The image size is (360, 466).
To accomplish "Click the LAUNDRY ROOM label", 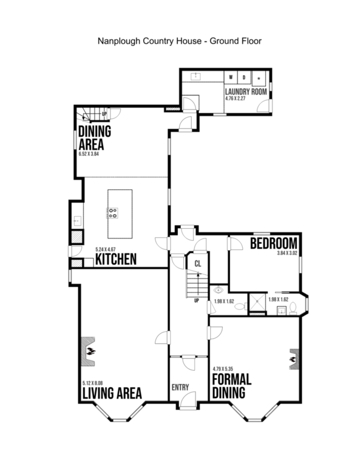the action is (x=245, y=92).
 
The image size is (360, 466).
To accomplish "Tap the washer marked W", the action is (x=231, y=78).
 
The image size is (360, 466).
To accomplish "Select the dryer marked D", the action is (x=244, y=78).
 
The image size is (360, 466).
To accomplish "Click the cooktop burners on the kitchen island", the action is (x=113, y=213).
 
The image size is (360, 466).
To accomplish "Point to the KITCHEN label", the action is (x=115, y=259).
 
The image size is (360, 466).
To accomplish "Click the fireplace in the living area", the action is (x=88, y=351).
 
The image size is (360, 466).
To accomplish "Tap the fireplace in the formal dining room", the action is (x=294, y=359).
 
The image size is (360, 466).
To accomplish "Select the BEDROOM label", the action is (x=274, y=243).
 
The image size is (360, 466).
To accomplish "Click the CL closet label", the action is (x=198, y=263).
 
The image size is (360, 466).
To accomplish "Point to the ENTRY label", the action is (x=180, y=387).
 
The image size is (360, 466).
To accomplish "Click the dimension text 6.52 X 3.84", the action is (x=88, y=154).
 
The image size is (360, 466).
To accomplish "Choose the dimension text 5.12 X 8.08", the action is (x=92, y=383).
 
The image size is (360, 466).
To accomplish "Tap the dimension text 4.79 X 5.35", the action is (x=223, y=369).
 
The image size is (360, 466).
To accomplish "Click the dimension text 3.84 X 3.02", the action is (x=287, y=254).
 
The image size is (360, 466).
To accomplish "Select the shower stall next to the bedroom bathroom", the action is (x=257, y=303).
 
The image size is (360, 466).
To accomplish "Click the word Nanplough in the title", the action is (x=118, y=41).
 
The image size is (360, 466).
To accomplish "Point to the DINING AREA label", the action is (x=95, y=138).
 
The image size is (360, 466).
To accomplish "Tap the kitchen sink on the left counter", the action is (x=77, y=221).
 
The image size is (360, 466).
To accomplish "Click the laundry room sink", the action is (x=196, y=76).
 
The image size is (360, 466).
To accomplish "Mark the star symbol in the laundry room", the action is (x=259, y=78).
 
